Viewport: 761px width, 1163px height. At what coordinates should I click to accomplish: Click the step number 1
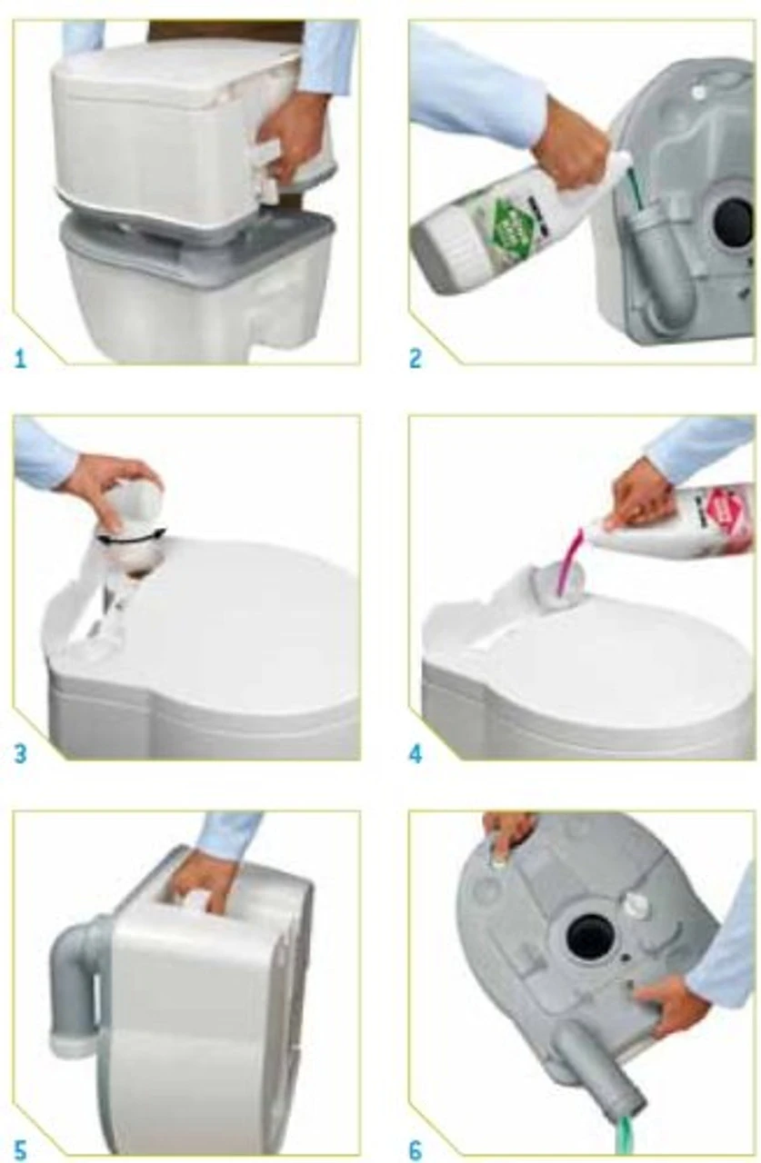20,358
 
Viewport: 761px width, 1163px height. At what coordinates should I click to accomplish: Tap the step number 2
416,358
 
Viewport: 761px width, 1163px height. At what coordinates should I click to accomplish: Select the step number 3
20,753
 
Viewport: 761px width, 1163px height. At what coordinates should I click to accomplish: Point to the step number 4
416,753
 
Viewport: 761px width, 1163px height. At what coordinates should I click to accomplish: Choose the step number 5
20,1152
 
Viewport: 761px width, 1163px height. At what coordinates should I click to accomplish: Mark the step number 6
416,1152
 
